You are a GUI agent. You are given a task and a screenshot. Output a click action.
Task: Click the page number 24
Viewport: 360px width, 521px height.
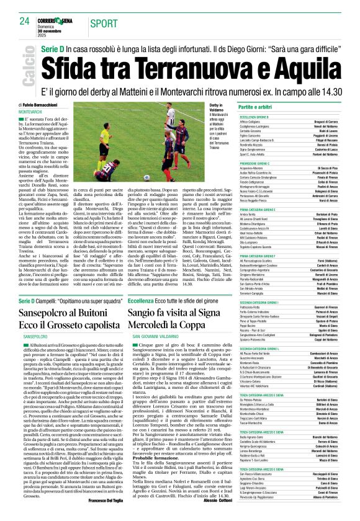click(x=24, y=21)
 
